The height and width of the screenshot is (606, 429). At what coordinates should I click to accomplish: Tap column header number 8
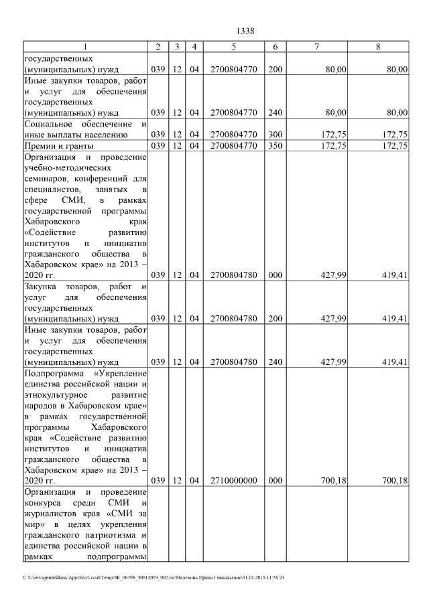pyautogui.click(x=379, y=46)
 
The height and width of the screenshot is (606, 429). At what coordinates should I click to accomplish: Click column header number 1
pyautogui.click(x=85, y=46)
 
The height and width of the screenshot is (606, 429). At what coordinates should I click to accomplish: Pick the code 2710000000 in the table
pyautogui.click(x=233, y=480)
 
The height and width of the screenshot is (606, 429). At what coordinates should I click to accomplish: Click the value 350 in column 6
pyautogui.click(x=275, y=145)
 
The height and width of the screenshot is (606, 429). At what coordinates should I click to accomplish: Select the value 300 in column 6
pyautogui.click(x=275, y=135)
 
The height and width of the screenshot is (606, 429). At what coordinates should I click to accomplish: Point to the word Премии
pyautogui.click(x=41, y=145)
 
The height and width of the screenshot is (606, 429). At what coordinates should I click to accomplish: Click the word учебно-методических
pyautogui.click(x=66, y=167)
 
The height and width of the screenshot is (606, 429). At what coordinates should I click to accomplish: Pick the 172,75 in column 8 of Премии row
pyautogui.click(x=393, y=145)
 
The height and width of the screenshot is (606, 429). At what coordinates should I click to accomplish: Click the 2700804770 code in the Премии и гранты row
pyautogui.click(x=233, y=145)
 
